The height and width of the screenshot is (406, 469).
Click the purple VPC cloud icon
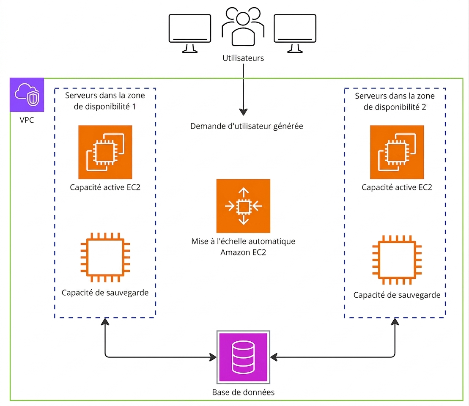(27, 95)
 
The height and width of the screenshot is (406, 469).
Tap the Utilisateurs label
(243, 58)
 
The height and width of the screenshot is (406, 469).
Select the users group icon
(243, 26)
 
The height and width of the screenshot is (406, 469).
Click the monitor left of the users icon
(190, 33)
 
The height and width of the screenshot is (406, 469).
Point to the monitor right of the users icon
(295, 33)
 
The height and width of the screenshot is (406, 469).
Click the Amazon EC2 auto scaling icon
(243, 206)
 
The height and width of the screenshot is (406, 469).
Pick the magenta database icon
(243, 357)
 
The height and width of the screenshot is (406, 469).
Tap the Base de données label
(243, 392)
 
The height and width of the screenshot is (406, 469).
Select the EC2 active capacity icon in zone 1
(105, 152)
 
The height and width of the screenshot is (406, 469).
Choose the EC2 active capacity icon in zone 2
(397, 152)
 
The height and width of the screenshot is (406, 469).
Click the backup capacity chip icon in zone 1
(105, 257)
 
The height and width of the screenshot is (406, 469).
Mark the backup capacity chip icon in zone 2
(397, 260)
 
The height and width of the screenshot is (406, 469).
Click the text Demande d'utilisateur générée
(247, 126)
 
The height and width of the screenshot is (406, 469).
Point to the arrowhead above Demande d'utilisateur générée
(244, 112)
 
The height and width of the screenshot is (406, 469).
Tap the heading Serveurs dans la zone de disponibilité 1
(105, 101)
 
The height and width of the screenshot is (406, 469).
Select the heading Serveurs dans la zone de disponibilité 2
(395, 101)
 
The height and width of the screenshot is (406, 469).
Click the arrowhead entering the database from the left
(213, 357)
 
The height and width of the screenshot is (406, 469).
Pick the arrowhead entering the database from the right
(274, 357)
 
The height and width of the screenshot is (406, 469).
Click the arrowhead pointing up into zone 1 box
(105, 321)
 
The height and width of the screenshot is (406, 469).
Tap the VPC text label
(27, 120)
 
